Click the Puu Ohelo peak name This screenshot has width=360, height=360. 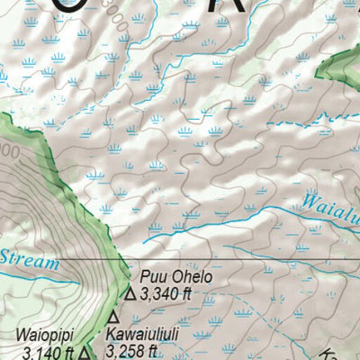pyautogui.click(x=175, y=277)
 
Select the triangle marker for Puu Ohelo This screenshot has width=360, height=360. pyautogui.click(x=130, y=292)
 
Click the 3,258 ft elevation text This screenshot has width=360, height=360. pyautogui.click(x=131, y=351)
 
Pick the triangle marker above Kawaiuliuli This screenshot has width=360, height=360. pyautogui.click(x=113, y=318)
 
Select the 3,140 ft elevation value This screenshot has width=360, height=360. pyautogui.click(x=47, y=353)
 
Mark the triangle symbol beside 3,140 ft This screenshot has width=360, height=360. pyautogui.click(x=84, y=354)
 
